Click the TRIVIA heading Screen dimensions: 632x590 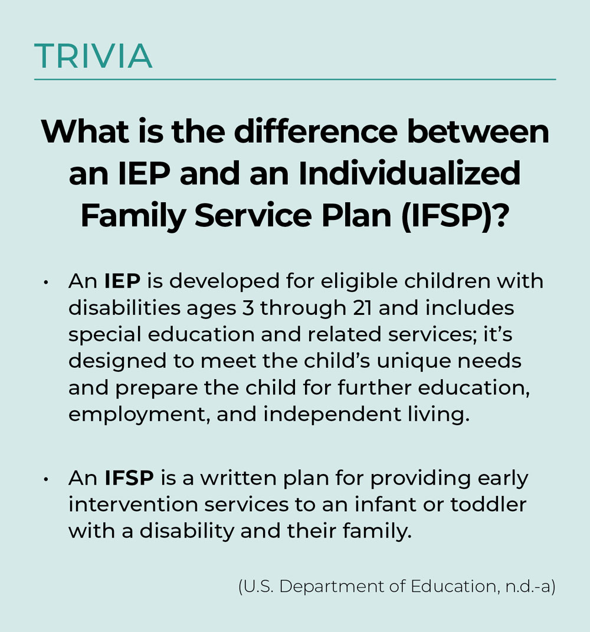click(x=93, y=56)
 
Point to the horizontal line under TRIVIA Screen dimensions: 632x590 click(x=295, y=79)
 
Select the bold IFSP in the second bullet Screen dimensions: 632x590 click(x=129, y=478)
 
